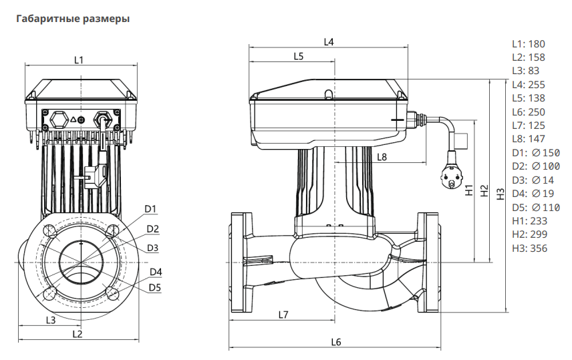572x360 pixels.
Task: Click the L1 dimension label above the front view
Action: [78, 60]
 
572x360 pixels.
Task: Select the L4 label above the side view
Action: [329, 42]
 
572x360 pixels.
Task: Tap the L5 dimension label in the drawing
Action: [298, 57]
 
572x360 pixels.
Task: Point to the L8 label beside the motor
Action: [382, 158]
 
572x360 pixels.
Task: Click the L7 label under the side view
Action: [283, 314]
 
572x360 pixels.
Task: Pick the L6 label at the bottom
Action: [335, 342]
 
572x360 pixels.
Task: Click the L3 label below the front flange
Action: [50, 320]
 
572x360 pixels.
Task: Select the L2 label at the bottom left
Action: [77, 333]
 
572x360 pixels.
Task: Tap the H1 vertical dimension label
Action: [469, 190]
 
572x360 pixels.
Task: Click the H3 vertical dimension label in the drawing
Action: [500, 194]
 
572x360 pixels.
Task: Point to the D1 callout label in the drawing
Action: [151, 209]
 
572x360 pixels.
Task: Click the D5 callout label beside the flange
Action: [154, 287]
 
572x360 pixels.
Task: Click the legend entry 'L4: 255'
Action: [529, 85]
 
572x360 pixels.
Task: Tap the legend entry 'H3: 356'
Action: [529, 248]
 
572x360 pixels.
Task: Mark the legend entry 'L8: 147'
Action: [529, 140]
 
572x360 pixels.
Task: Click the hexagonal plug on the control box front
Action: [59, 120]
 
